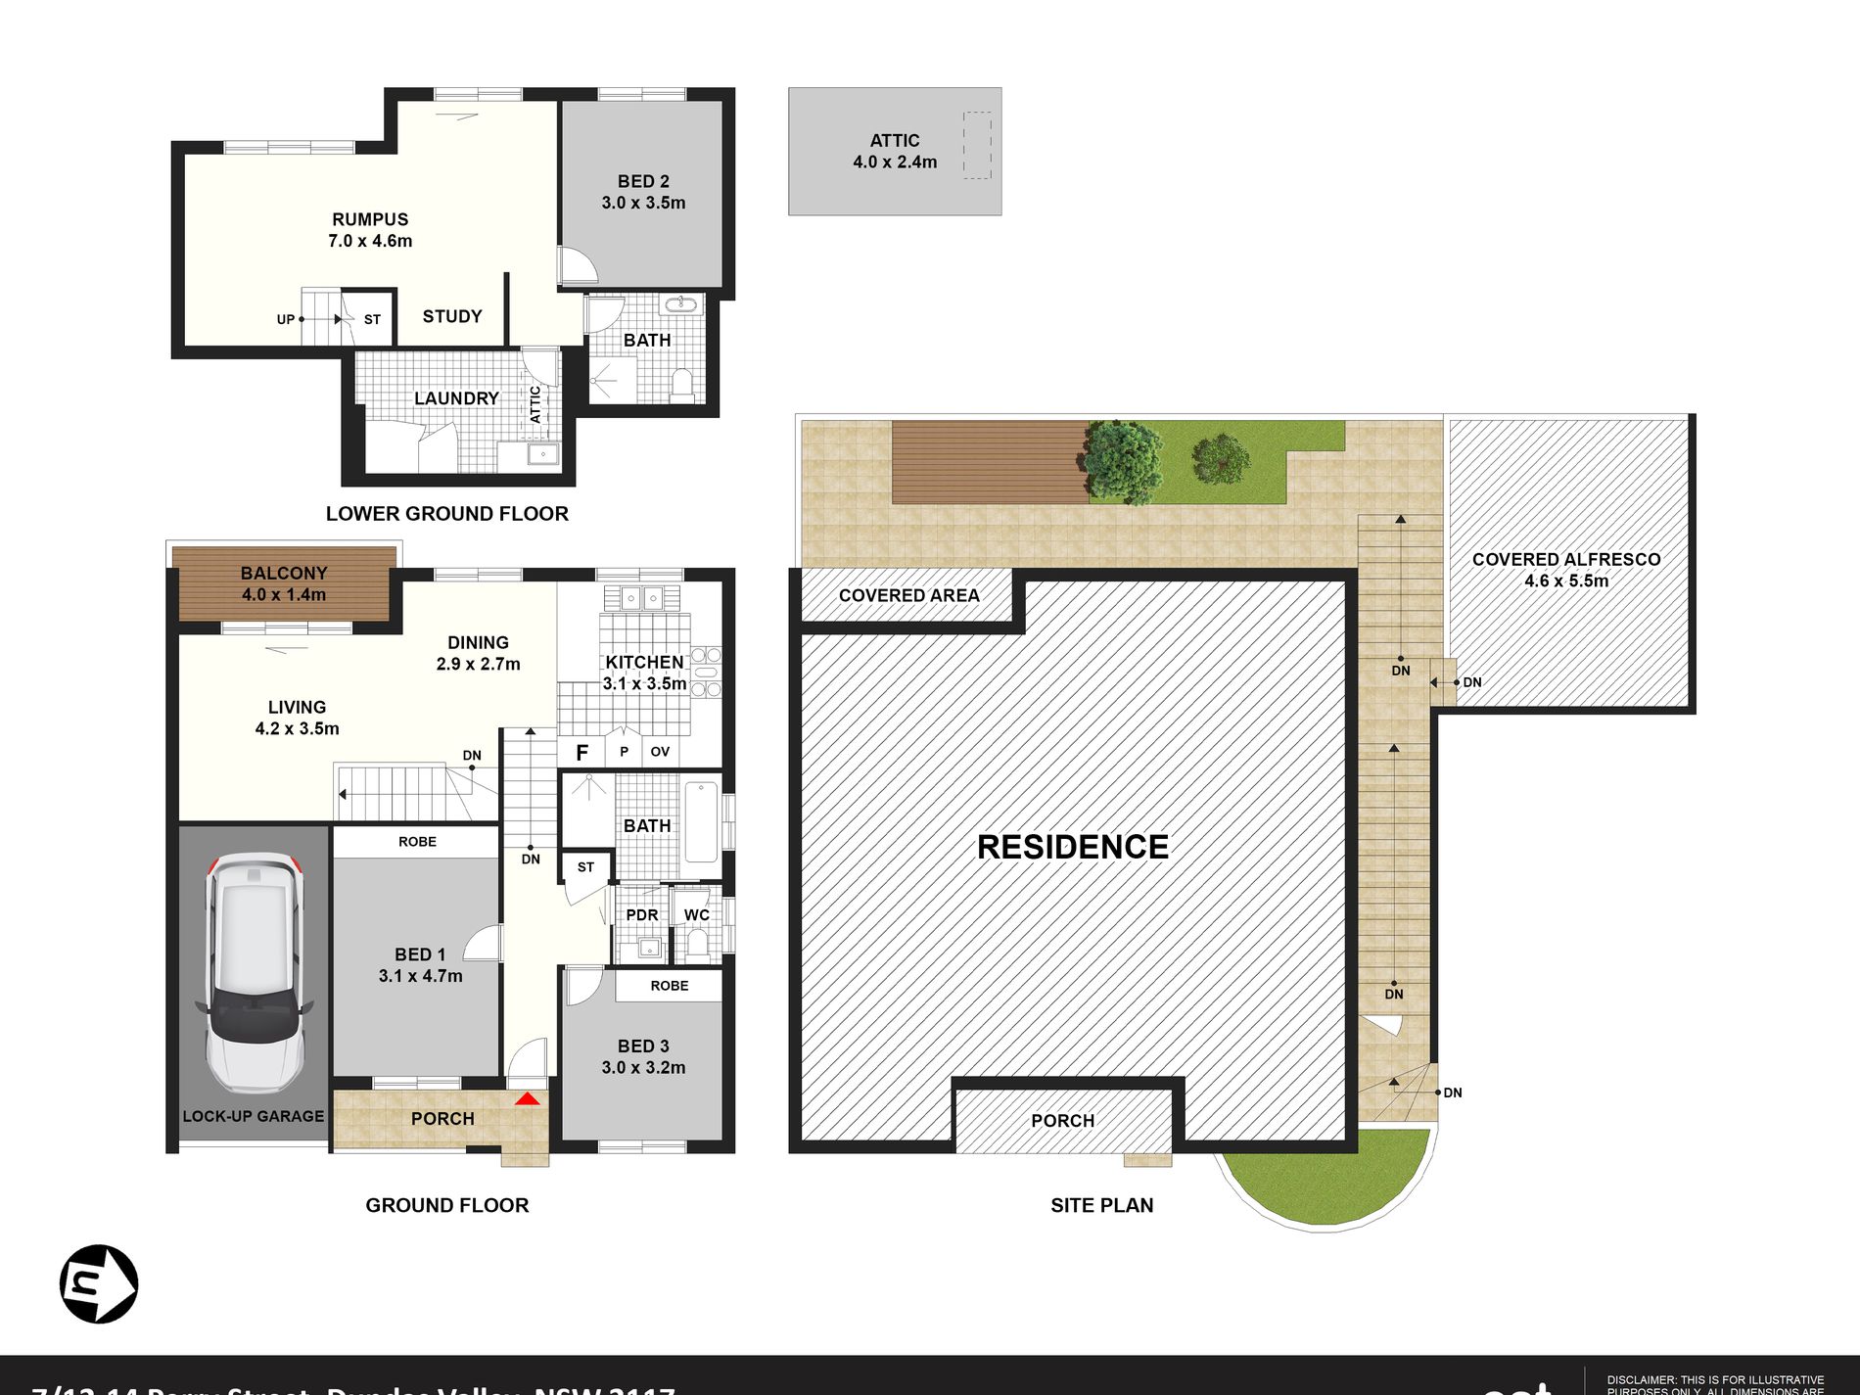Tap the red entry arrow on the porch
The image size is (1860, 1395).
pyautogui.click(x=528, y=1099)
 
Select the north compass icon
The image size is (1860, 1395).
pyautogui.click(x=98, y=1283)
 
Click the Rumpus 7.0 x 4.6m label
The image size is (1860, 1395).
pyautogui.click(x=370, y=230)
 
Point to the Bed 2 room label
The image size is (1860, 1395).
pyautogui.click(x=643, y=192)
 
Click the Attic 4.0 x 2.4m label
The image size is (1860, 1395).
pyautogui.click(x=894, y=151)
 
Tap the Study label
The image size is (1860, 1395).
pyautogui.click(x=452, y=316)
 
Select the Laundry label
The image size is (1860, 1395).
pyautogui.click(x=456, y=398)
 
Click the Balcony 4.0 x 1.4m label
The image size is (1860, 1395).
pyautogui.click(x=284, y=583)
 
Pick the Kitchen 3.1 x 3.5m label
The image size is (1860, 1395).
pyautogui.click(x=644, y=673)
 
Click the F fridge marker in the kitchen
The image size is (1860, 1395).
pyautogui.click(x=582, y=753)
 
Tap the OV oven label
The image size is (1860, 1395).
pyautogui.click(x=660, y=752)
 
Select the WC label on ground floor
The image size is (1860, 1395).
pyautogui.click(x=696, y=915)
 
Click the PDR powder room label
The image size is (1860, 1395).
pyautogui.click(x=642, y=915)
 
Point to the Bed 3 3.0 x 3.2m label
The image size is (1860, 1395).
pyautogui.click(x=643, y=1056)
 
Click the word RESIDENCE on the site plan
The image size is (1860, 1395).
pyautogui.click(x=1073, y=847)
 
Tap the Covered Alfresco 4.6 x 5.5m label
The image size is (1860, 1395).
pyautogui.click(x=1566, y=570)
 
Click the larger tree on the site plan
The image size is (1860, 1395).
pyautogui.click(x=1122, y=461)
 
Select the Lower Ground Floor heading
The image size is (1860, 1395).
pyautogui.click(x=446, y=514)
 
